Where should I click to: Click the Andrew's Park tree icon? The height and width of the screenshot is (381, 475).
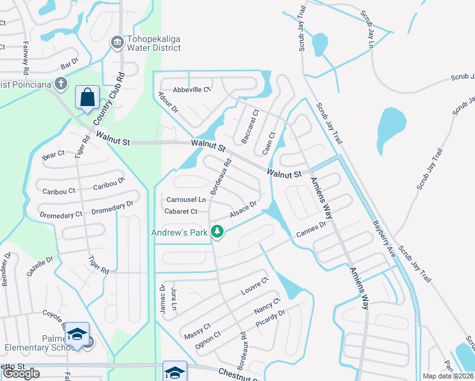218,232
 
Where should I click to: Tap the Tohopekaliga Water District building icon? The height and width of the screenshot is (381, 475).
117,43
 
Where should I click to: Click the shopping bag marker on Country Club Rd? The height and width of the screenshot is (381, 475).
87,98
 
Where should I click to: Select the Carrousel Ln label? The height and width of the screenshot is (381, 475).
185,199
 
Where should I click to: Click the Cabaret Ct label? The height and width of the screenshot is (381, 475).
181,211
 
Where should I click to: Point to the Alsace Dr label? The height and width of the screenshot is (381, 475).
243,210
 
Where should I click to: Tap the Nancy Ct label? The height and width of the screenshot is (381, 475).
267,307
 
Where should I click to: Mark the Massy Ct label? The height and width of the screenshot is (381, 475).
197,331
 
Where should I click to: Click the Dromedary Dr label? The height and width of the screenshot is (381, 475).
112,205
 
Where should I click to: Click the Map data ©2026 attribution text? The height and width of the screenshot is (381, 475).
448,376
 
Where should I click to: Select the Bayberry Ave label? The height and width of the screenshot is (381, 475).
384,236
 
